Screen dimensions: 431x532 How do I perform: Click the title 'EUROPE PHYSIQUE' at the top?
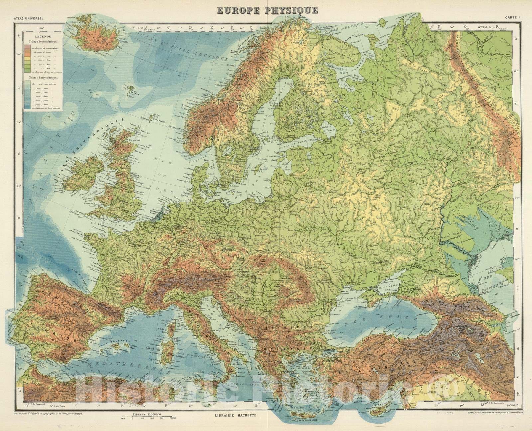267,10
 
